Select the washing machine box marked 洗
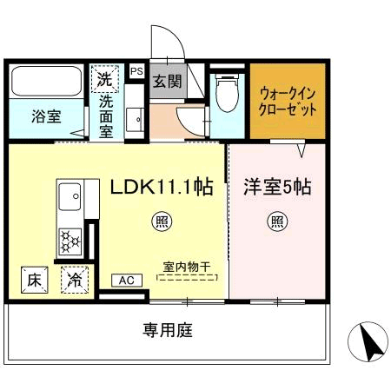pyautogui.click(x=105, y=80)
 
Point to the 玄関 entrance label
pyautogui.click(x=167, y=83)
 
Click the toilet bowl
pyautogui.click(x=226, y=91)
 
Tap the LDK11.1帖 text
pyautogui.click(x=162, y=186)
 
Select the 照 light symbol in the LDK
pyautogui.click(x=162, y=221)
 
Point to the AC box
pyautogui.click(x=126, y=280)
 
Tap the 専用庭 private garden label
pyautogui.click(x=168, y=330)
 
